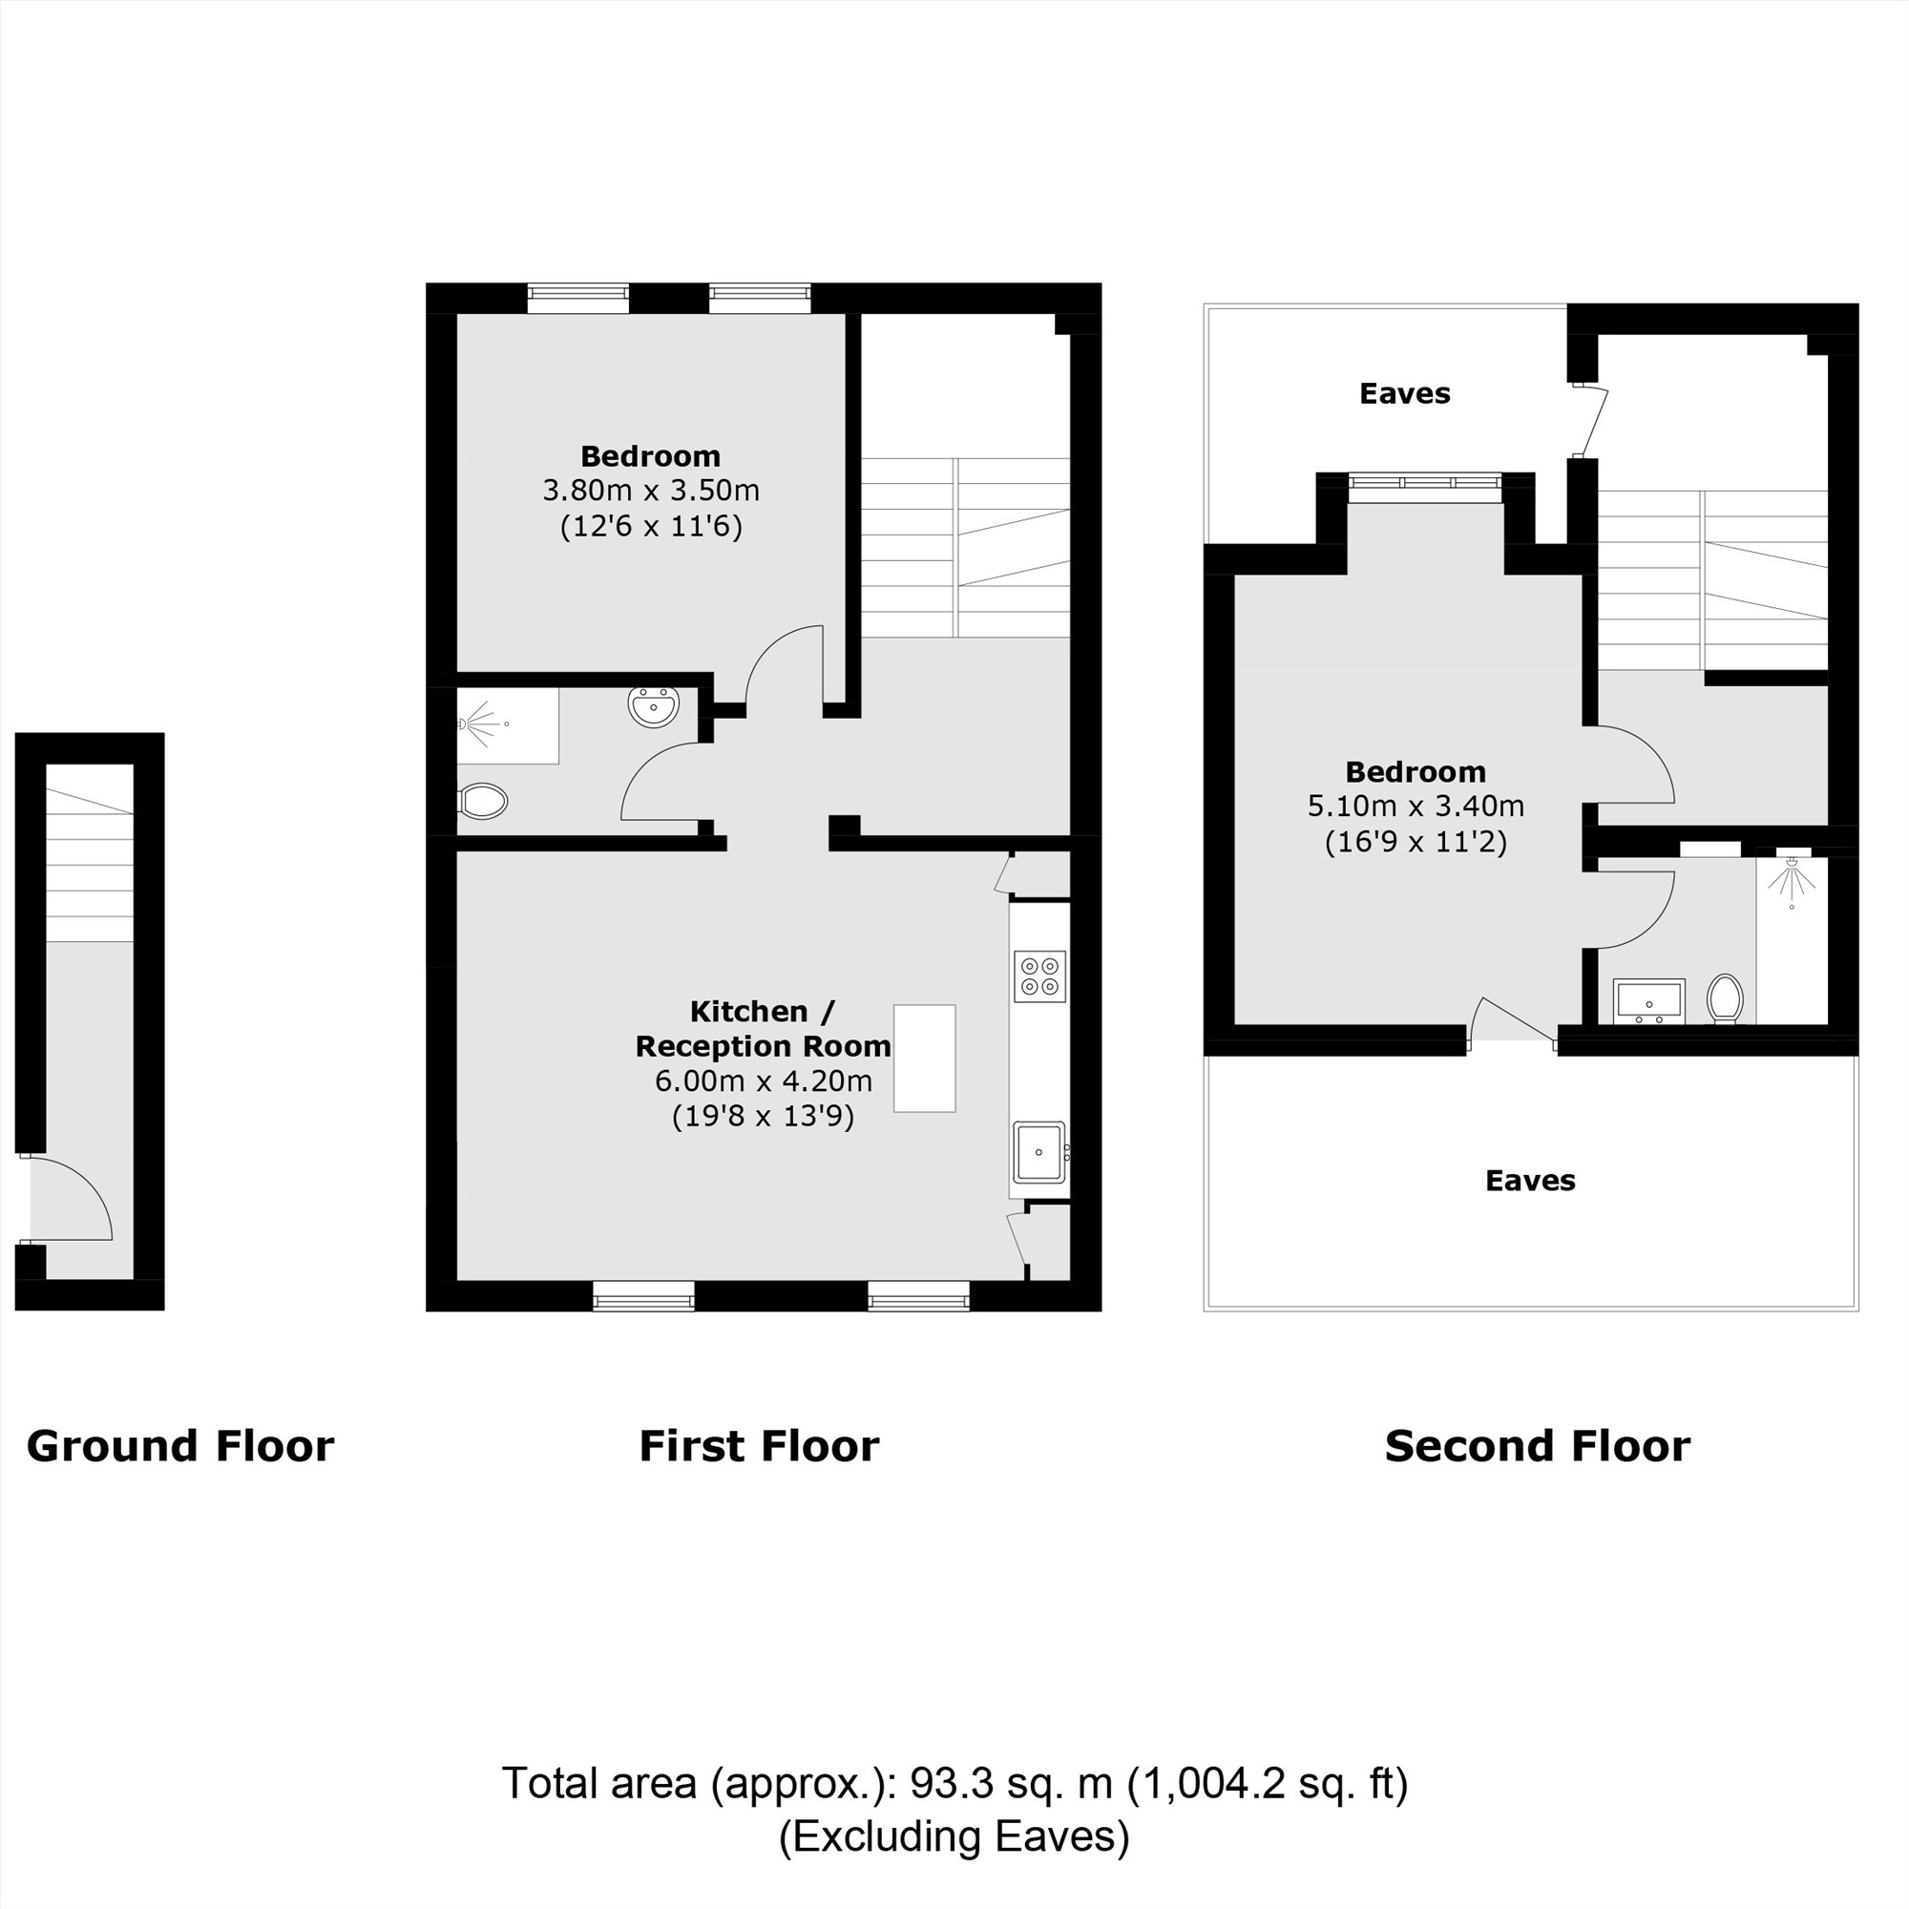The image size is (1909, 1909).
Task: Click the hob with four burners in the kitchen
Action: pos(1039,976)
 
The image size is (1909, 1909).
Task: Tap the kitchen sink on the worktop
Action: pos(1039,1152)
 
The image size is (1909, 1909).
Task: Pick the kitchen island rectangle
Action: pos(925,1059)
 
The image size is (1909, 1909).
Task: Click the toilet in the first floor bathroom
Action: pos(482,802)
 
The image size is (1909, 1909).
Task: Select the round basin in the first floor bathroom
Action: pos(653,706)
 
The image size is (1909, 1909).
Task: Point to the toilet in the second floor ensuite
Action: pos(1725,999)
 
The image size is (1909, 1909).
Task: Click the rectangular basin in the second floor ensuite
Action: pos(1648,1002)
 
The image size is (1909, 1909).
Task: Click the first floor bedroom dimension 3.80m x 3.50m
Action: pos(651,490)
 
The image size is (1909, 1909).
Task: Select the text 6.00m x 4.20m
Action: pos(764,1081)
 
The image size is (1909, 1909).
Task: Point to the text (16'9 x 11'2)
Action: pos(1416,841)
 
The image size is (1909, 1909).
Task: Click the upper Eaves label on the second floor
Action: pos(1405,393)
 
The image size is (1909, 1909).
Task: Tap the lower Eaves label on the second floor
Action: pos(1531,1180)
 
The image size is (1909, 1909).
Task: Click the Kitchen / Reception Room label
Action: pos(763,1029)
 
